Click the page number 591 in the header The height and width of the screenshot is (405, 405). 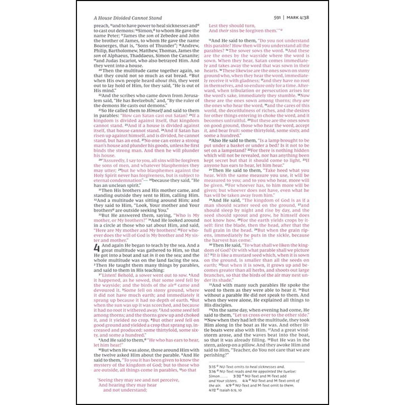(x=277, y=18)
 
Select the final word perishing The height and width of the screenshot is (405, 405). (x=216, y=355)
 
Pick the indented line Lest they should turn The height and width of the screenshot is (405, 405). (x=232, y=26)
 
